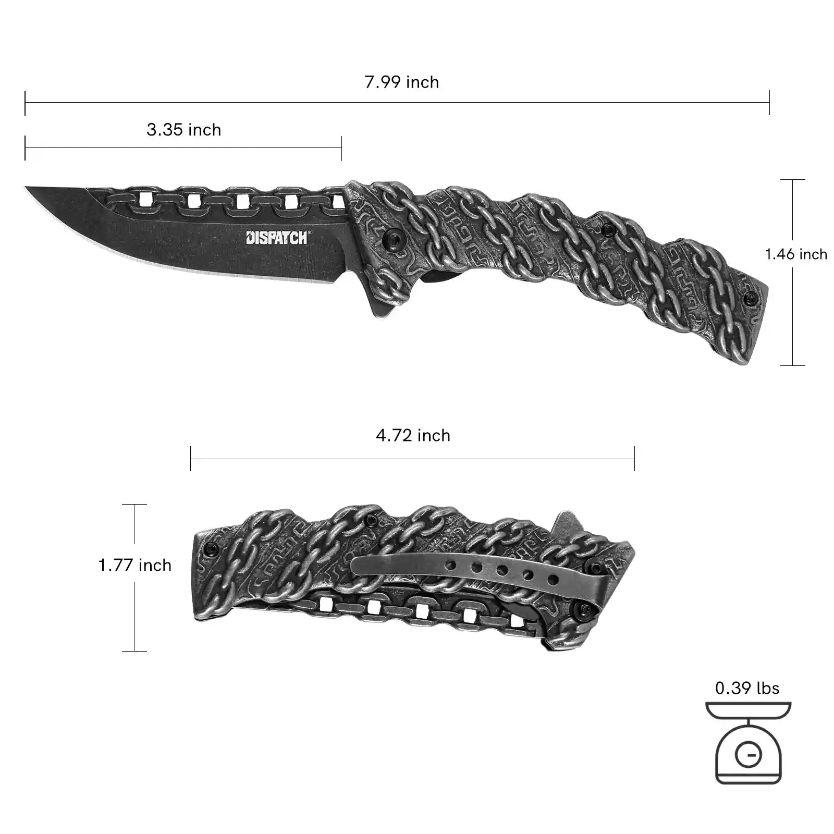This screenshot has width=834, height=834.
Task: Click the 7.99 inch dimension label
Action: (401, 82)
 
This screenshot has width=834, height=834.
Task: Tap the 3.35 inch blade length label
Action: (183, 130)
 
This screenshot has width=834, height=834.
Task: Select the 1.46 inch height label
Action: (796, 254)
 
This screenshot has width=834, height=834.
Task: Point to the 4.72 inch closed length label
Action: (413, 435)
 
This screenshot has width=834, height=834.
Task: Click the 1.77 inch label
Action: (135, 565)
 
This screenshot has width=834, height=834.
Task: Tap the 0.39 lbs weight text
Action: (747, 688)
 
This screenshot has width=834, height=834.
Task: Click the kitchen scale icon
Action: (748, 743)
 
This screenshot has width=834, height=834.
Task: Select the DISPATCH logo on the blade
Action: (277, 238)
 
